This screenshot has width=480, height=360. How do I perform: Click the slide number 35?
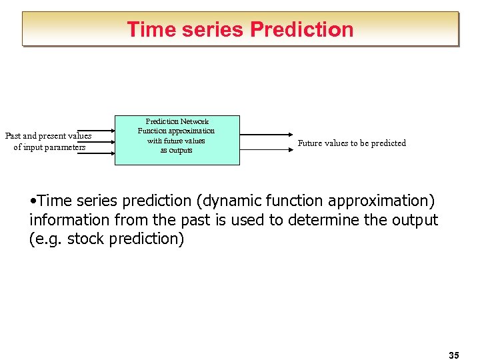click(x=454, y=355)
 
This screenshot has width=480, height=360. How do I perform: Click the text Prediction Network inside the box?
click(x=177, y=121)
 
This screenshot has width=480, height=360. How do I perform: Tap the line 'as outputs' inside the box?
click(x=176, y=150)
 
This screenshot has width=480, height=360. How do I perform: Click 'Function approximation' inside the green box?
click(x=176, y=131)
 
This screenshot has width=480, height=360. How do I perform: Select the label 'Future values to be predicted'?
click(x=351, y=143)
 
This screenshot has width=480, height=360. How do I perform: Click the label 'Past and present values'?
click(x=49, y=136)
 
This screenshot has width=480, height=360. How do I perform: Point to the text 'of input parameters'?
click(x=49, y=147)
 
